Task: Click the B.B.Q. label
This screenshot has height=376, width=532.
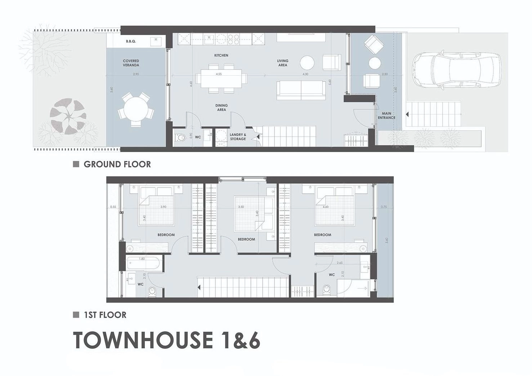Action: [131, 41]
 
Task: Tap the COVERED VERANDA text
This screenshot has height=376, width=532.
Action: [131, 63]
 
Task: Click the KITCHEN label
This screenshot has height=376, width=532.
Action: [221, 55]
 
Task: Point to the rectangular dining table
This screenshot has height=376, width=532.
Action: [222, 79]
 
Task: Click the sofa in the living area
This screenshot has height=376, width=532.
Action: [301, 90]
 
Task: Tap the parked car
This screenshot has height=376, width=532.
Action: [457, 70]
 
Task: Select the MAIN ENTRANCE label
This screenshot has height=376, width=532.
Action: [386, 116]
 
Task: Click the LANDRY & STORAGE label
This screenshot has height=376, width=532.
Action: [238, 137]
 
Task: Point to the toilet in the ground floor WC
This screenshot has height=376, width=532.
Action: [180, 137]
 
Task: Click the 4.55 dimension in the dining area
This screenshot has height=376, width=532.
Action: [219, 74]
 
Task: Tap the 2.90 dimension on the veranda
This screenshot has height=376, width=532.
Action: [136, 74]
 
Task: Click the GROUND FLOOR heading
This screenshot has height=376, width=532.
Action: [117, 164]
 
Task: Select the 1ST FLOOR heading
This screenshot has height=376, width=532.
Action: [105, 315]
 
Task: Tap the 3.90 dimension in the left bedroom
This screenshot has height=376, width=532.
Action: [163, 207]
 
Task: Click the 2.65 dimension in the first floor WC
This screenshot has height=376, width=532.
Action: [340, 263]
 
